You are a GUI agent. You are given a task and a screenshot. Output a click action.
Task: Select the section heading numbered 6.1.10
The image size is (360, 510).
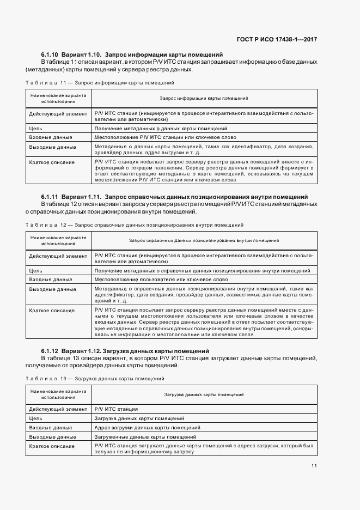pos(132,55)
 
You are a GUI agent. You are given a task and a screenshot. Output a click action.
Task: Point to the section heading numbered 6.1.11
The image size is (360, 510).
pos(174,196)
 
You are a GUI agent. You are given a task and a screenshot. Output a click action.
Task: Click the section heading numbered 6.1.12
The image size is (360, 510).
pos(125,351)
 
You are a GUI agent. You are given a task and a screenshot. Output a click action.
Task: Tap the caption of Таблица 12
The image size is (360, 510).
pos(135,224)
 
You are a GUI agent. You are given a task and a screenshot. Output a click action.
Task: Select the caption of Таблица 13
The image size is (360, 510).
pos(95,379)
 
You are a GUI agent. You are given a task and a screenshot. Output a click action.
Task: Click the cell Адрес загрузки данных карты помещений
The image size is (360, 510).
pos(147,428)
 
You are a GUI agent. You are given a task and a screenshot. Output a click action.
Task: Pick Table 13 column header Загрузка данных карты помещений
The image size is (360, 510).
pos(204,394)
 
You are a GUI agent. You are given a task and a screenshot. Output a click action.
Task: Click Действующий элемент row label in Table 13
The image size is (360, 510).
pos(58,409)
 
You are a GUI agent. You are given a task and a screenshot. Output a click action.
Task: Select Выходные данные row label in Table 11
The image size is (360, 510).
pos(52,148)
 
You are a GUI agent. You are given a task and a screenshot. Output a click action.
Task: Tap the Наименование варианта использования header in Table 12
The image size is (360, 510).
pos(58,240)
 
